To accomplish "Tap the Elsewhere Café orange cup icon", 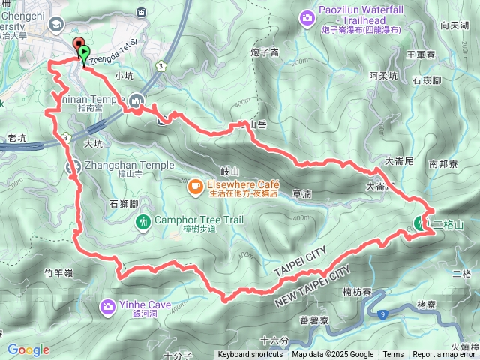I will pos(194,184).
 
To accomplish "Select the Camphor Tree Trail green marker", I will pos(142,221).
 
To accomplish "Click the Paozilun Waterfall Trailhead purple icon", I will pos(307,16).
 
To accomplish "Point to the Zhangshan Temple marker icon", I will pos(73,168).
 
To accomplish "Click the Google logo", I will pos(28,349).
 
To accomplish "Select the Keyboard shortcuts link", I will pos(250,355).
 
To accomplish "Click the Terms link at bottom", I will pos(393,355).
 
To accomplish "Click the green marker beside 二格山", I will pos(420,222).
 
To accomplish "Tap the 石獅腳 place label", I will pos(124,203).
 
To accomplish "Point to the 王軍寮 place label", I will pos(421,55).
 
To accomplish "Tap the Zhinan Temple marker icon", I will pos(136,99).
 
